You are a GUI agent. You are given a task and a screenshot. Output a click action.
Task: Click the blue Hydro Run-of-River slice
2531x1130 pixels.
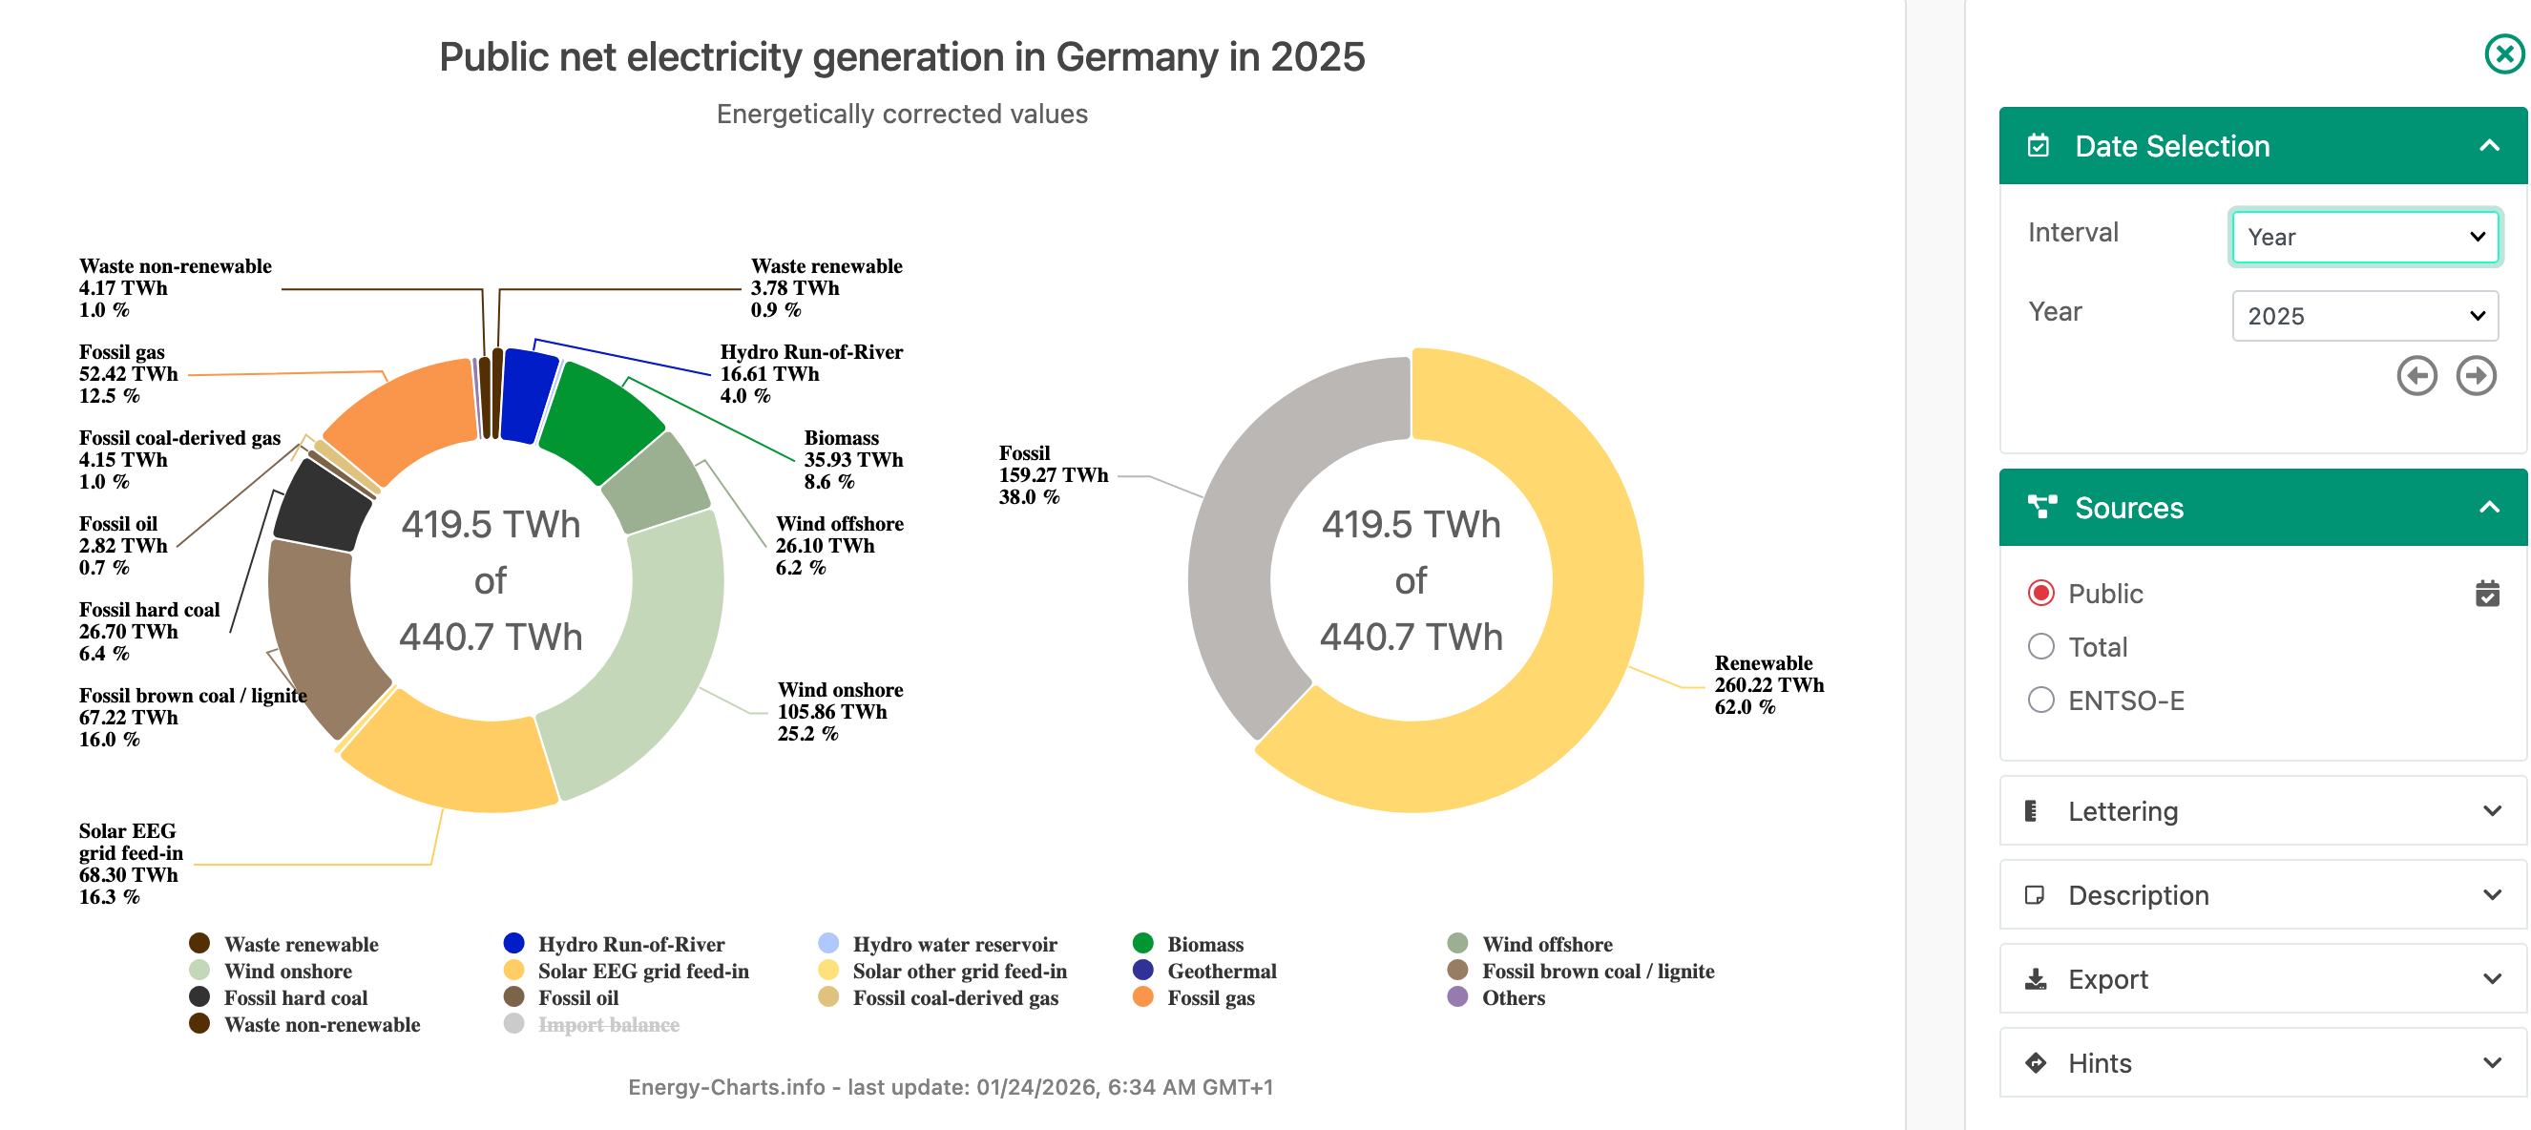point(528,395)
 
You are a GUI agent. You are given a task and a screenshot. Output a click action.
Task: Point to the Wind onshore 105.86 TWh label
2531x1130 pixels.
point(839,711)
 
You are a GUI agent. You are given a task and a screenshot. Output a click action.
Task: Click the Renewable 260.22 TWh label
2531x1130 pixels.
point(1768,685)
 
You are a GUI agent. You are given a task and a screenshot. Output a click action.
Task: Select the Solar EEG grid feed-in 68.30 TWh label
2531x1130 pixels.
point(130,863)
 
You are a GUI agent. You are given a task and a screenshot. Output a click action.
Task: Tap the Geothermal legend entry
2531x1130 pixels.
point(1221,971)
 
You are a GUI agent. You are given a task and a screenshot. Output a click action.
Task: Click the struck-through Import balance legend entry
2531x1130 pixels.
point(607,1025)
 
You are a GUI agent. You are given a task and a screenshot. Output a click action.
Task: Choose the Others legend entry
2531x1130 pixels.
point(1512,998)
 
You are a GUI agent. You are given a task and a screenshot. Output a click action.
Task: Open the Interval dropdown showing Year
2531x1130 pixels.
point(2363,237)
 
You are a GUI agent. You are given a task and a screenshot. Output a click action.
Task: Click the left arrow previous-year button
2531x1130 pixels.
point(2416,375)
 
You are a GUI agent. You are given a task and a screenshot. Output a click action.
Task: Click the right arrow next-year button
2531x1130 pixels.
point(2475,375)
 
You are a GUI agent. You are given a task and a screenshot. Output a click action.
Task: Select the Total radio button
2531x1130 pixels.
point(2040,646)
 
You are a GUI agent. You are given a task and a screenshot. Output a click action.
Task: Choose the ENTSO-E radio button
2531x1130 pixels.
point(2040,701)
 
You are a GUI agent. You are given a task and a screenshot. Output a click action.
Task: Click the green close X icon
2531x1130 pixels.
point(2503,54)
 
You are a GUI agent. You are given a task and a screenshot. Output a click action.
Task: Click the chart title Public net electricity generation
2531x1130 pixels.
point(901,57)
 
